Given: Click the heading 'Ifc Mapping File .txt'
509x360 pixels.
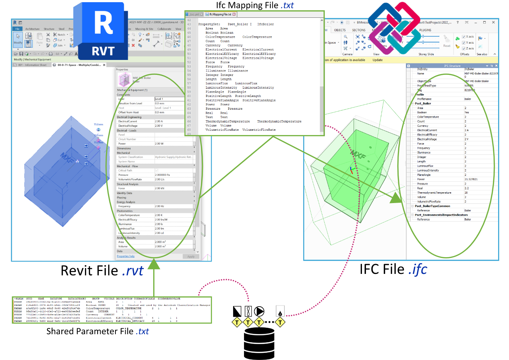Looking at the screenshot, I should (255, 5).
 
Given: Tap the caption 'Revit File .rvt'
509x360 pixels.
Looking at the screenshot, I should (102, 271).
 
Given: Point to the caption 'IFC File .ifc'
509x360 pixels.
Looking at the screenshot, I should (393, 270).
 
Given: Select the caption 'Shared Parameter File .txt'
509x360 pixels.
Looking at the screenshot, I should (97, 331).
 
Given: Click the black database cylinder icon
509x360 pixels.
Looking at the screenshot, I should (259, 343).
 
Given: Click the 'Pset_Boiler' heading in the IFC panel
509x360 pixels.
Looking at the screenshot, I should (423, 104).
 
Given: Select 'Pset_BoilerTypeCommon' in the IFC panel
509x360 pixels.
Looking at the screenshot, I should (432, 206).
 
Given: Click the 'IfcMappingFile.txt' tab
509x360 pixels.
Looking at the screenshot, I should (220, 15).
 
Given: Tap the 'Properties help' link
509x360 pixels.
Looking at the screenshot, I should (126, 256).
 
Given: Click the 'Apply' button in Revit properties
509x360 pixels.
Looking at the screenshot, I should (191, 256).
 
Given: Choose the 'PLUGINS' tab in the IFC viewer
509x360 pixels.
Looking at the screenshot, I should (425, 30).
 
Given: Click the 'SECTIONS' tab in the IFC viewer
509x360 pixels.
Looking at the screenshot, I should (359, 30).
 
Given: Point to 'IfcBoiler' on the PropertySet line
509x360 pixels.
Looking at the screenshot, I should (265, 24).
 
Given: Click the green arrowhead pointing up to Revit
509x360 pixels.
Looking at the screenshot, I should (154, 264).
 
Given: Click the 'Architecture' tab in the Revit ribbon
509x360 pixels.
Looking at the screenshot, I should (32, 29).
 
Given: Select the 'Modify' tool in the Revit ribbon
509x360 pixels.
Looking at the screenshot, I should (18, 39).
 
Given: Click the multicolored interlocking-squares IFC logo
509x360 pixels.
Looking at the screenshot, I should (395, 28).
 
